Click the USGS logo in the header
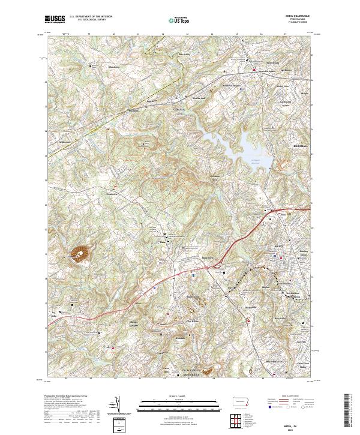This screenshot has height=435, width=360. pos(56,20)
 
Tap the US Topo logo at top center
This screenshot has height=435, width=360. pos(175,20)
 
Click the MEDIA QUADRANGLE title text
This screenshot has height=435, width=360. pos(301,17)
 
